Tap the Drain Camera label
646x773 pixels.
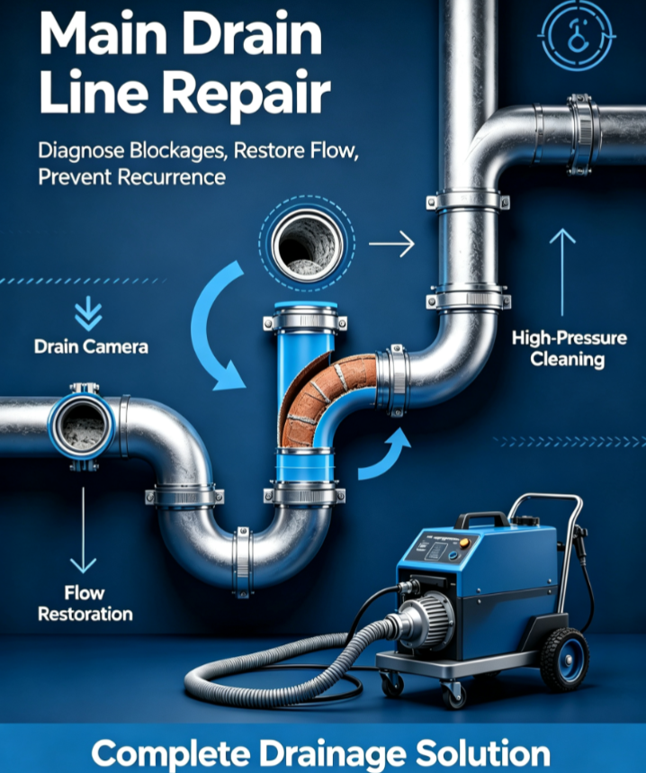(x=91, y=346)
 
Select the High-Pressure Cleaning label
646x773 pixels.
(x=569, y=348)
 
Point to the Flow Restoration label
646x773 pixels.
(x=85, y=603)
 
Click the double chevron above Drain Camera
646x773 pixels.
(x=89, y=313)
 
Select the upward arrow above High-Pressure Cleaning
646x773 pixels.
(x=562, y=273)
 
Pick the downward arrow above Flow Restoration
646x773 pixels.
(x=83, y=530)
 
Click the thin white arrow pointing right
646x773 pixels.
(x=391, y=244)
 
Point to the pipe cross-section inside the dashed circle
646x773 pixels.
(x=308, y=243)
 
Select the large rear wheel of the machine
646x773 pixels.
(x=564, y=659)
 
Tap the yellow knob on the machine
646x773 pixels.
(x=464, y=544)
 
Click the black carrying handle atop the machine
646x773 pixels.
(x=480, y=519)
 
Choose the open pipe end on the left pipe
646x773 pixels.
(x=82, y=426)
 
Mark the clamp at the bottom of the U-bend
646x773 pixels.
(x=242, y=562)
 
